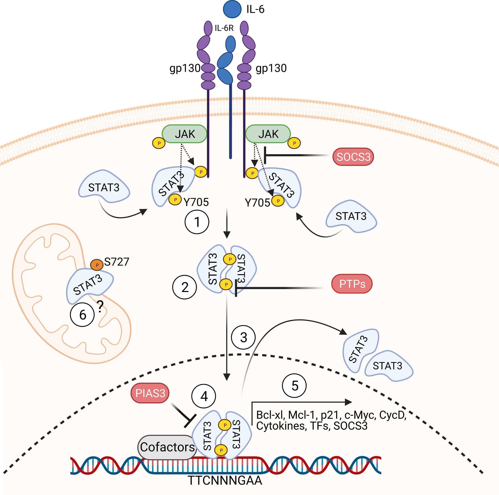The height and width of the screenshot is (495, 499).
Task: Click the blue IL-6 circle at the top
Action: (x=232, y=9)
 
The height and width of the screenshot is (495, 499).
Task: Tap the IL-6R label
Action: (x=224, y=28)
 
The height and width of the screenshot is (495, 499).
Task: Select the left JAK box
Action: (x=184, y=134)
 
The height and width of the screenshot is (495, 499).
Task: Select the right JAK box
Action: (x=268, y=134)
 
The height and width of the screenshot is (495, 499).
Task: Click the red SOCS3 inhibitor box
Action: (x=353, y=157)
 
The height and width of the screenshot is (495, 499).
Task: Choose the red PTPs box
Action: (x=352, y=284)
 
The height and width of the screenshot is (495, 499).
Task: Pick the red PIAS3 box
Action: (x=150, y=393)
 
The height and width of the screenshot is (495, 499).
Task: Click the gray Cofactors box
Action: (x=167, y=447)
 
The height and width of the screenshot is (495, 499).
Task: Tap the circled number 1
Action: (x=197, y=222)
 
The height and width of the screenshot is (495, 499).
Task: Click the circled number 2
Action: (x=185, y=287)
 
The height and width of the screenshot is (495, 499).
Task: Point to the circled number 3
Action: (x=243, y=337)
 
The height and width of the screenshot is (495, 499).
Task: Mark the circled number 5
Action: (x=294, y=386)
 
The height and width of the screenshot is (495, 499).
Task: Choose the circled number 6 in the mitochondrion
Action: (x=82, y=315)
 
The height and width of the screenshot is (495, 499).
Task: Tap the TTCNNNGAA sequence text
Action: (x=225, y=481)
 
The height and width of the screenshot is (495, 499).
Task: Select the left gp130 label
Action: (x=185, y=68)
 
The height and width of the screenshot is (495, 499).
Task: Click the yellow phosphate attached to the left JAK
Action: (x=159, y=143)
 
